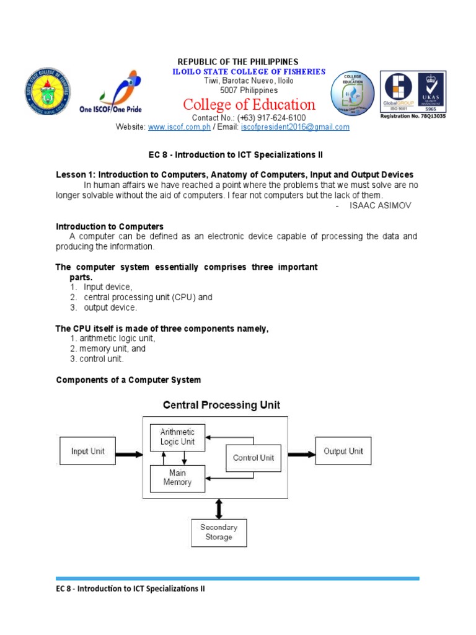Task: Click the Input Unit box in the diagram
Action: click(87, 451)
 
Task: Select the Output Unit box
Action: click(343, 451)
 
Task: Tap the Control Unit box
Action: click(253, 459)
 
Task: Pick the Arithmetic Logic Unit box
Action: click(177, 437)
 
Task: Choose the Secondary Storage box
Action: click(219, 532)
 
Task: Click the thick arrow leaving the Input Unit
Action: click(130, 454)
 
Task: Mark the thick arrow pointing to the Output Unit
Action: click(301, 454)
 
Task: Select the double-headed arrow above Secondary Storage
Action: click(218, 508)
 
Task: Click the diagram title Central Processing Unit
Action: click(221, 406)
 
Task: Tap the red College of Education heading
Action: click(249, 104)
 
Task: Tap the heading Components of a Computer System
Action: click(128, 380)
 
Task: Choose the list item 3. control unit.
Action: click(97, 358)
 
